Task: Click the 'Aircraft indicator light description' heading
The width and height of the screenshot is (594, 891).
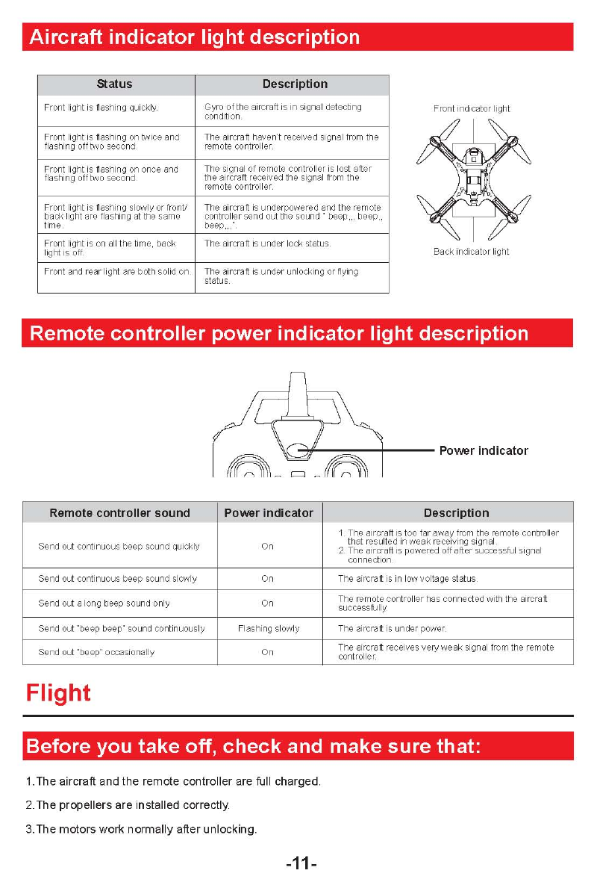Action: (x=194, y=37)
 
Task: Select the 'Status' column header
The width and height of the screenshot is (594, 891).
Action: (x=114, y=84)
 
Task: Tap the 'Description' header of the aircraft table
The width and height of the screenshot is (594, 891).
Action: (x=295, y=84)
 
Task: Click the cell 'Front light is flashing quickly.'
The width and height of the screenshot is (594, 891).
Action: (x=101, y=108)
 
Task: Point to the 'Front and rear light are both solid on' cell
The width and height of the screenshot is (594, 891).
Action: (x=117, y=272)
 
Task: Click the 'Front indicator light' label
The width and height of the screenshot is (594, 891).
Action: (x=472, y=109)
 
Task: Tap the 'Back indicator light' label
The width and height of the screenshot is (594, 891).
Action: (x=472, y=252)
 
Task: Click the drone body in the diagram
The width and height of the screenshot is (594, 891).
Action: (x=473, y=179)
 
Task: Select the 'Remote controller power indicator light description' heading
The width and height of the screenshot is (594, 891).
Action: (x=278, y=333)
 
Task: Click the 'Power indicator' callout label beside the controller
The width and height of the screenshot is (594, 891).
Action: (x=484, y=451)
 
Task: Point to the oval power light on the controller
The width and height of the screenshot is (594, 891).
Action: (x=298, y=450)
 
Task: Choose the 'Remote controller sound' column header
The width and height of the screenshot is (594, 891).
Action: (x=119, y=513)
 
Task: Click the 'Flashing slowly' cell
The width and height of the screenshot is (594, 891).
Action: (x=269, y=629)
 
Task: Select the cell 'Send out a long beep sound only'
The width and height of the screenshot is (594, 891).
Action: (x=104, y=603)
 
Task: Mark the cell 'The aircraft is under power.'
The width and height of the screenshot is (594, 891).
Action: (x=392, y=629)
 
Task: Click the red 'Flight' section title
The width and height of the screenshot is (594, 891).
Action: (x=58, y=693)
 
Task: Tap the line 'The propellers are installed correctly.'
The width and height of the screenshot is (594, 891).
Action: (x=128, y=805)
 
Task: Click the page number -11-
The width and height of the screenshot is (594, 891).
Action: (x=301, y=864)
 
